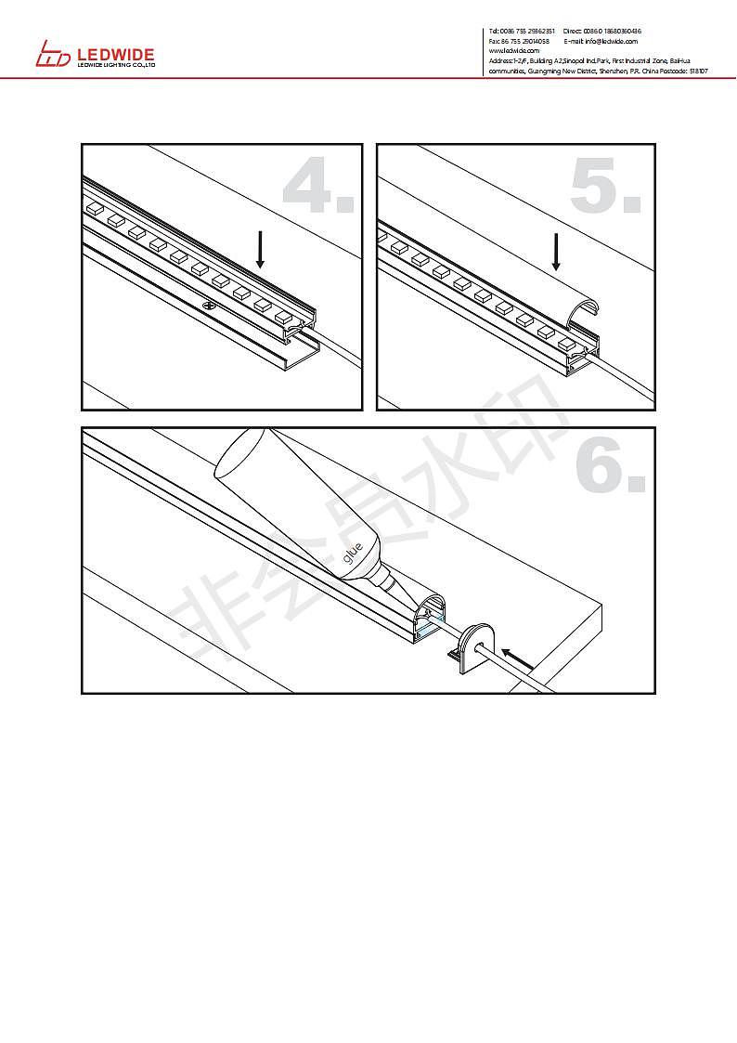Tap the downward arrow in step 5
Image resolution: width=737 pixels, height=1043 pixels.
556,250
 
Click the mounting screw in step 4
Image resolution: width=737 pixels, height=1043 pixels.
211,304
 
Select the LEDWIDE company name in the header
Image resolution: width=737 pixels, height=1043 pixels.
115,56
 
